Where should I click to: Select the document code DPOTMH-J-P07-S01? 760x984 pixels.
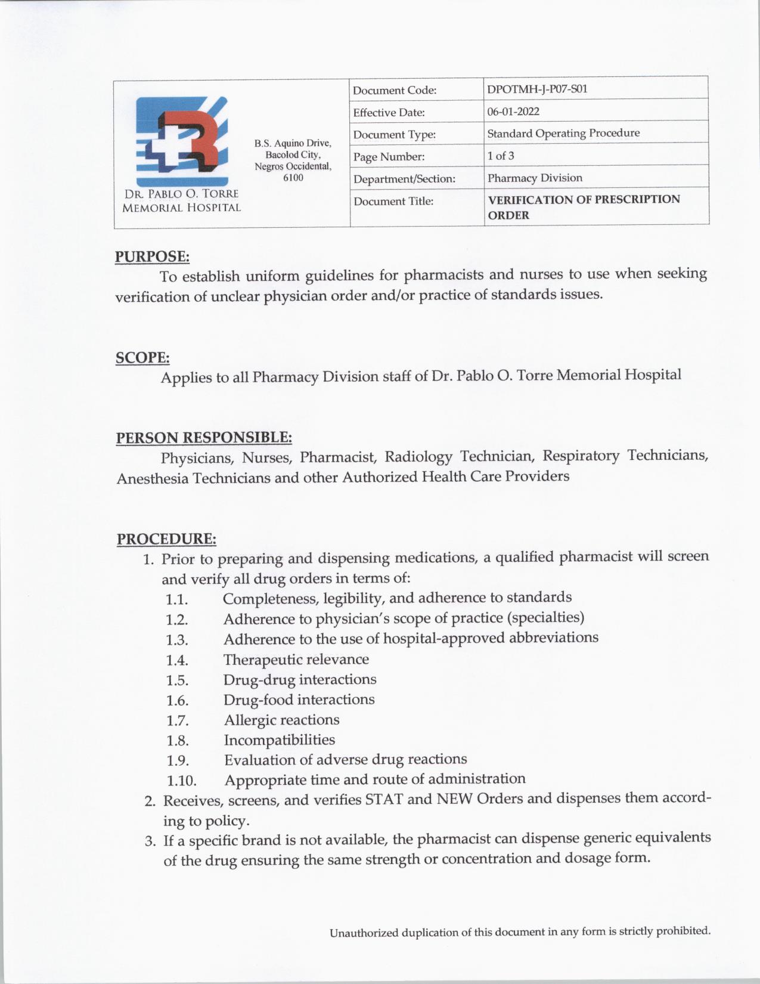click(x=537, y=89)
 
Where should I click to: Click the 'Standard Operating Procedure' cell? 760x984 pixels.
click(x=563, y=133)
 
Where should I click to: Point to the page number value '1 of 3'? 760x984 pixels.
click(x=501, y=156)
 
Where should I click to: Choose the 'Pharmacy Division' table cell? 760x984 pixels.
click(x=535, y=178)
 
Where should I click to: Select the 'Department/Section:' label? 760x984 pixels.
click(x=404, y=179)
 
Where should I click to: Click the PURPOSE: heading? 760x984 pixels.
click(x=152, y=256)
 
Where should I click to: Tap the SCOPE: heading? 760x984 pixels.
click(x=142, y=358)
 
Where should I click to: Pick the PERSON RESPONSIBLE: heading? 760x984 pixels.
click(x=204, y=438)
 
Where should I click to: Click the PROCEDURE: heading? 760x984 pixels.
click(x=166, y=539)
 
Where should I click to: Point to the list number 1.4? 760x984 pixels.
click(x=177, y=660)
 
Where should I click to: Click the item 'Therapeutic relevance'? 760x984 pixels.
click(x=296, y=659)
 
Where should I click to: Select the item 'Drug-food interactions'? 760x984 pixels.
click(x=299, y=699)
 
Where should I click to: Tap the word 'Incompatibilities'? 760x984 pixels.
click(x=280, y=739)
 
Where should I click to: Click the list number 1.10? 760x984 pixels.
click(x=181, y=781)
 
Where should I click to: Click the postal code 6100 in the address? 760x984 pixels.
click(x=293, y=178)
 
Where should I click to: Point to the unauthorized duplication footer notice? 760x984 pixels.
click(x=520, y=932)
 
